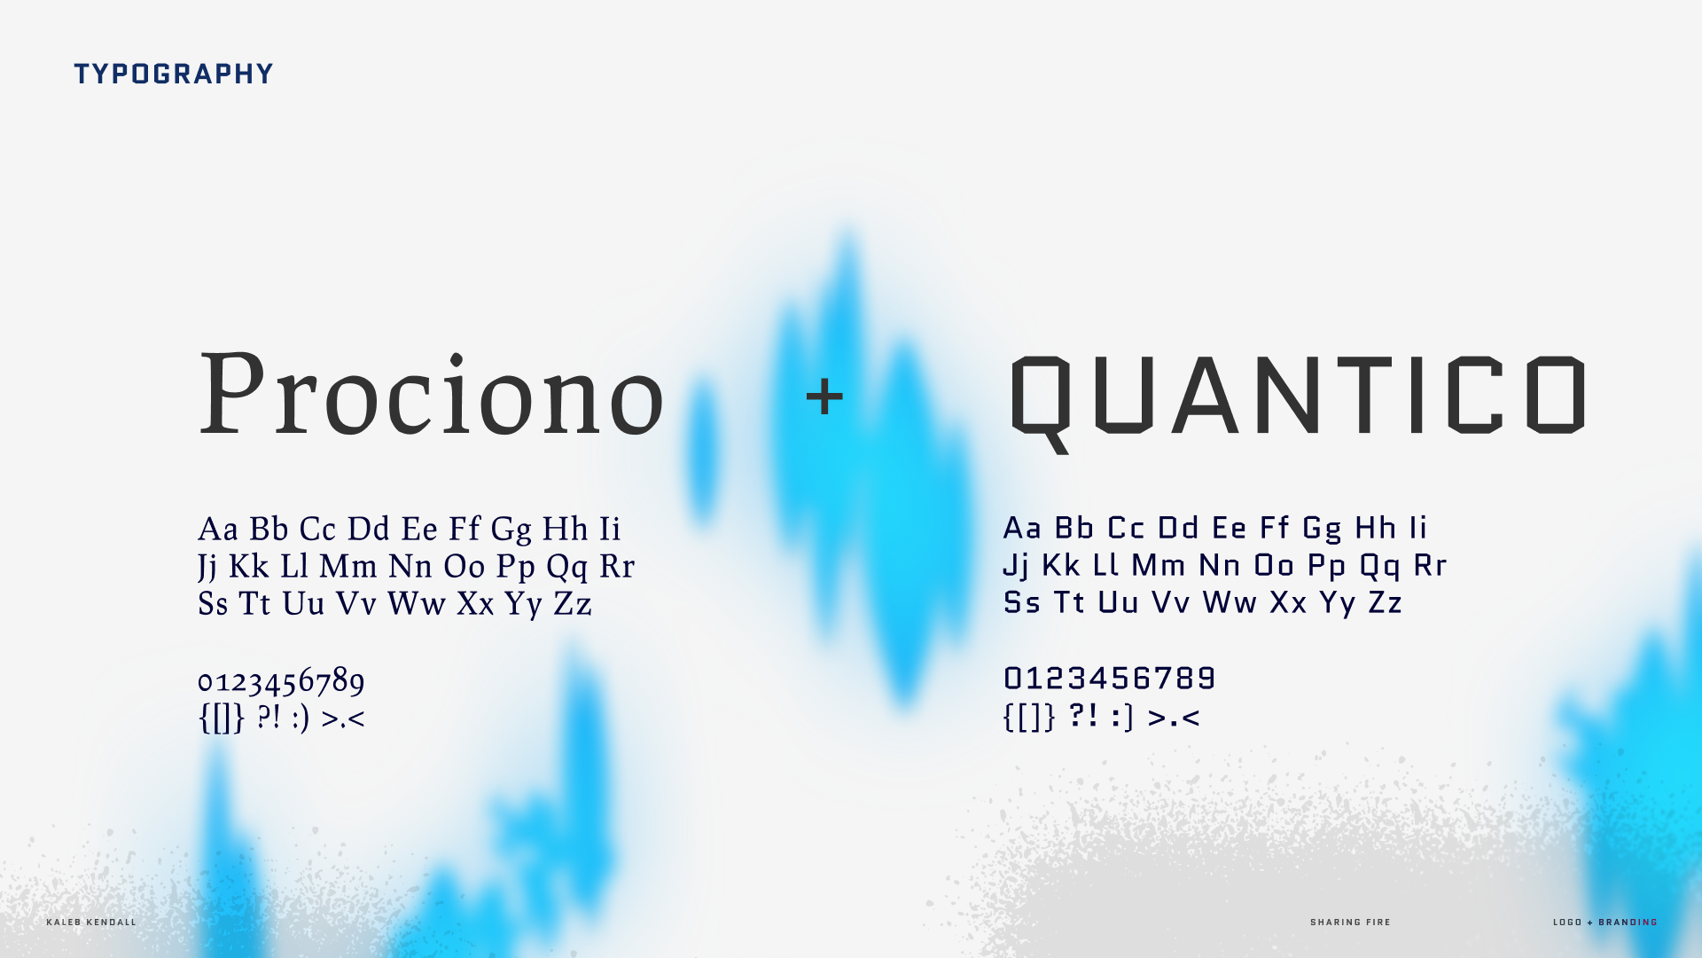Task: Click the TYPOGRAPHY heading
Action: coord(174,74)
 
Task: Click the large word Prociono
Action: coord(432,394)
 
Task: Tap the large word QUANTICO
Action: coord(1298,399)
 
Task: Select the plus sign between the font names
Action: coord(824,396)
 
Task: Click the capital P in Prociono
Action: coord(233,392)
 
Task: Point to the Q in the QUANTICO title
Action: coord(1042,404)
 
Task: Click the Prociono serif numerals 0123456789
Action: coord(281,681)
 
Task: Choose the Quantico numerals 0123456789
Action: coord(1109,679)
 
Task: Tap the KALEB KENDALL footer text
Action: coord(91,923)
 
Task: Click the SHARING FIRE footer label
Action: coord(1350,923)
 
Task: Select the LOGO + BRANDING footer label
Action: coord(1604,923)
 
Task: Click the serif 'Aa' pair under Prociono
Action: coord(218,529)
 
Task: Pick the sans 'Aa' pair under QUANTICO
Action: coord(1022,528)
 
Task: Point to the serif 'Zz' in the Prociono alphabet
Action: coord(573,603)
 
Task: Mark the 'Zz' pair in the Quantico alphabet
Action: coord(1385,602)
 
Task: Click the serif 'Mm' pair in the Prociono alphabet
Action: coord(348,566)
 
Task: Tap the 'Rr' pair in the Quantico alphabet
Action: coord(1430,565)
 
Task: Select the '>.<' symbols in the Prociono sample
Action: coord(343,718)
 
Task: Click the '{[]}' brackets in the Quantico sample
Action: coord(1029,717)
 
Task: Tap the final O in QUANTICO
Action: coord(1560,394)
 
